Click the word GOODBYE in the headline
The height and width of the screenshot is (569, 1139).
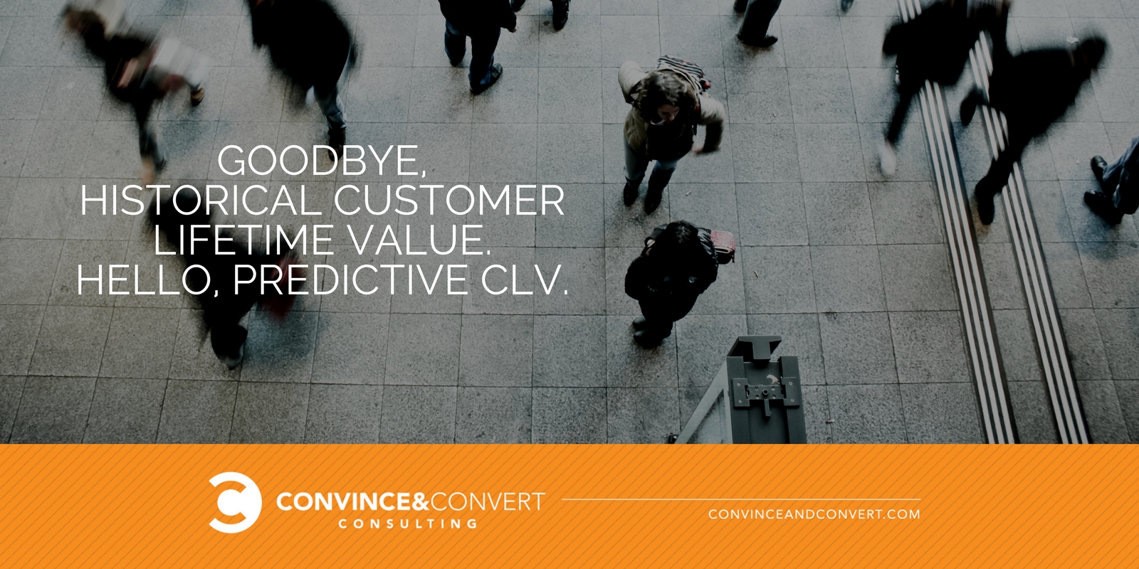[318, 161]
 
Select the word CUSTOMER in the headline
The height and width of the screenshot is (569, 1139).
[449, 200]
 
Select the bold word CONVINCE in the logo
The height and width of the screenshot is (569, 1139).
[344, 502]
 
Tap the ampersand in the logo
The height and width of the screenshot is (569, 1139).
[421, 501]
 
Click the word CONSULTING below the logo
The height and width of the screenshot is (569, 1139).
[409, 523]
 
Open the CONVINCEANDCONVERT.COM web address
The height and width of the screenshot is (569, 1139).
[814, 514]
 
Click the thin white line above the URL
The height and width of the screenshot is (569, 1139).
[741, 500]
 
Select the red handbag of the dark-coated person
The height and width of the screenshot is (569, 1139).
[722, 246]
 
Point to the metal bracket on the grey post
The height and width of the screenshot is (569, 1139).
[766, 394]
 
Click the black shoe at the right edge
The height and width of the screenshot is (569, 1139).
[1103, 206]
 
